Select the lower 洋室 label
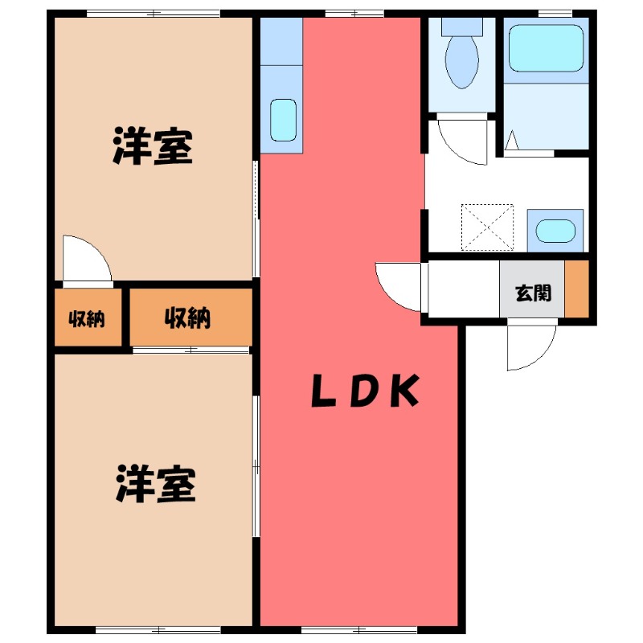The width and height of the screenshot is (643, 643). tap(155, 483)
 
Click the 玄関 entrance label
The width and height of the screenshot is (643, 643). tap(533, 293)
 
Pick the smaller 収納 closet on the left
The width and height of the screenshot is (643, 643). tap(87, 318)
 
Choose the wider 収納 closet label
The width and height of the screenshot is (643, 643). tap(188, 318)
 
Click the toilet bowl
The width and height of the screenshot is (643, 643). tap(461, 61)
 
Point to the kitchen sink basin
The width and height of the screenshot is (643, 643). tap(282, 120)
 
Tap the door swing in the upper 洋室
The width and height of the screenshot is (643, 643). tap(87, 259)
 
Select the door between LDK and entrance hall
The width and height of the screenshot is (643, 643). tap(400, 286)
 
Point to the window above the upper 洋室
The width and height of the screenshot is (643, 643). tap(153, 13)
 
